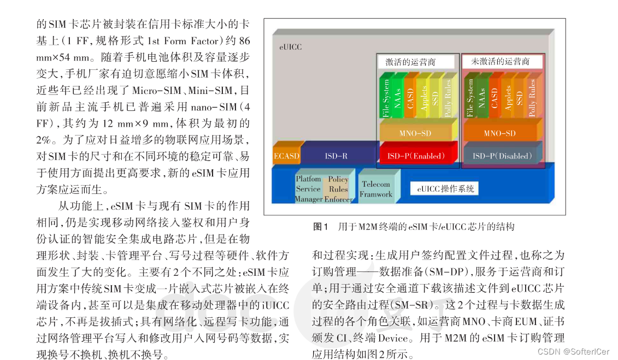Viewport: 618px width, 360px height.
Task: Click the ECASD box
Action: [x=286, y=156]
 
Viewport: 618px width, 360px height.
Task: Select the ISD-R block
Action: [x=336, y=156]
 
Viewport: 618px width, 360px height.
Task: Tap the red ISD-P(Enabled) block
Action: [x=416, y=156]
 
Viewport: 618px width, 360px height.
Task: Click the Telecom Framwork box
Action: [x=376, y=189]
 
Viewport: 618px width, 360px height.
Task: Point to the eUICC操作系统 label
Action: [x=445, y=189]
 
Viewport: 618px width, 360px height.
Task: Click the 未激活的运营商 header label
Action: [x=500, y=62]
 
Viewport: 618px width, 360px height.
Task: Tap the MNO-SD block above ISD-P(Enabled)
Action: [x=415, y=133]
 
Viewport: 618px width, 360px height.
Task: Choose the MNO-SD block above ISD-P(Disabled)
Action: [x=499, y=133]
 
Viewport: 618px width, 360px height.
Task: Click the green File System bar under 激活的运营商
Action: [x=386, y=98]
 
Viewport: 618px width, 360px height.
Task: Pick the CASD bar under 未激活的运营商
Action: [x=495, y=98]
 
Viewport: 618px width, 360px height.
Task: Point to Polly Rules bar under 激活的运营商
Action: [x=449, y=98]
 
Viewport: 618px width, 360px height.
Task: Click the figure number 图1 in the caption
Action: [x=320, y=226]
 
